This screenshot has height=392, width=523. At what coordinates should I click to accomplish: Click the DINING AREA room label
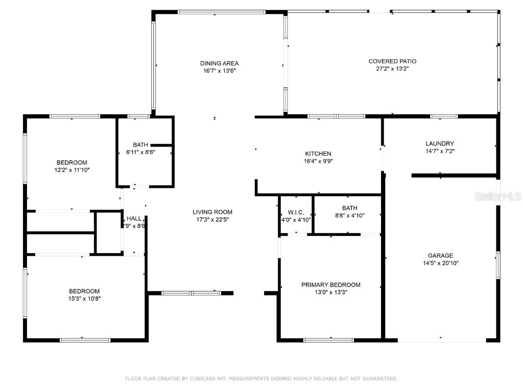[219, 63]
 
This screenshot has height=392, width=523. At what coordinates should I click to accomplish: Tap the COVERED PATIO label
[392, 61]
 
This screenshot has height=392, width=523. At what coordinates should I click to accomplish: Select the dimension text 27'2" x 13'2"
[392, 68]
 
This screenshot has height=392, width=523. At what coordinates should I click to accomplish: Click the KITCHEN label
[318, 154]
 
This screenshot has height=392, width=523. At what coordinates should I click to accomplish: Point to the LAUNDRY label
[440, 144]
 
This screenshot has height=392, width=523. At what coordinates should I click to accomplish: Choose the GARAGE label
[440, 256]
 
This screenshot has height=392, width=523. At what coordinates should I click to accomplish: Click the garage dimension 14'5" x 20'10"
[440, 263]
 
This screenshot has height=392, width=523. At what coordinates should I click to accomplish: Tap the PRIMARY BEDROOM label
[330, 285]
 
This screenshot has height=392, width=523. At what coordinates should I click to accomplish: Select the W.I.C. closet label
[296, 212]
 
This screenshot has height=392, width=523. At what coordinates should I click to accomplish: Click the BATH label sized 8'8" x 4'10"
[350, 208]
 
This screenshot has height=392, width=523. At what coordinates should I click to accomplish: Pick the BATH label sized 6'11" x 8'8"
[140, 144]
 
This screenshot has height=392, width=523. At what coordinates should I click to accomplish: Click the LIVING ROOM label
[212, 212]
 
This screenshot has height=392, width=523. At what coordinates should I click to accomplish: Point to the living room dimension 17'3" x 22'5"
[212, 219]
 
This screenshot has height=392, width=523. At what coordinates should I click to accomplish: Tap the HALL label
[134, 218]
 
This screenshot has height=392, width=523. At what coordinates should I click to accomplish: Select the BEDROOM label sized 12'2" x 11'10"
[72, 162]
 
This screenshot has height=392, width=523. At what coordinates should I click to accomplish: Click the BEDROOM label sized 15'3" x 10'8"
[85, 291]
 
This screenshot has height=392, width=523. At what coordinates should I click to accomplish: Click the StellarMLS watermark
[497, 196]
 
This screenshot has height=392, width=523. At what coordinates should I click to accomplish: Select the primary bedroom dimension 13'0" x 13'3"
[330, 292]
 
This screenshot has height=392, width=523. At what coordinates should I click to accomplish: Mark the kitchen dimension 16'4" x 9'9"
[318, 161]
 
